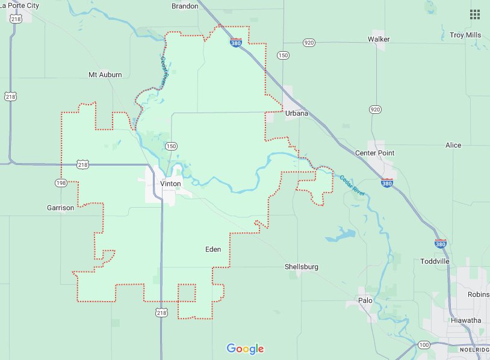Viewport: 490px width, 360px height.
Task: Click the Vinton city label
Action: pyautogui.click(x=170, y=184)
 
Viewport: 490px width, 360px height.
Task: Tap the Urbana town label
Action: pyautogui.click(x=297, y=113)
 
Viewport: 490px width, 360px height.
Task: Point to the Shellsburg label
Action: pyautogui.click(x=302, y=267)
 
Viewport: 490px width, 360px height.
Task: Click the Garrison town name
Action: pyautogui.click(x=60, y=208)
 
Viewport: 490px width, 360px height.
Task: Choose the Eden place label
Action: pyautogui.click(x=213, y=249)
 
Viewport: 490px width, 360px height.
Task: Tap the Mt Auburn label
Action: pyautogui.click(x=105, y=75)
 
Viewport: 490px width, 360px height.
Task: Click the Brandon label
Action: pyautogui.click(x=184, y=6)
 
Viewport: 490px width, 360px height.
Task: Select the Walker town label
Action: pyautogui.click(x=379, y=39)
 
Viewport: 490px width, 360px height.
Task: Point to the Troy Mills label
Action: pyautogui.click(x=465, y=35)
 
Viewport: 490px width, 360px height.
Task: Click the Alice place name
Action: pyautogui.click(x=453, y=146)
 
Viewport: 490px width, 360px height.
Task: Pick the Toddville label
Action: pyautogui.click(x=435, y=261)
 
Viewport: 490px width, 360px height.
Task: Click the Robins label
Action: pyautogui.click(x=478, y=295)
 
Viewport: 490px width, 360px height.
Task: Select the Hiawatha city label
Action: pyautogui.click(x=467, y=320)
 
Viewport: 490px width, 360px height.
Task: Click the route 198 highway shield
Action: pyautogui.click(x=61, y=182)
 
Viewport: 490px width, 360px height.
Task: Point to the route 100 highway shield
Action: pyautogui.click(x=424, y=344)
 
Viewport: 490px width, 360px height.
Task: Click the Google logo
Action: pyautogui.click(x=245, y=349)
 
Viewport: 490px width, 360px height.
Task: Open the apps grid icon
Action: pyautogui.click(x=475, y=14)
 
